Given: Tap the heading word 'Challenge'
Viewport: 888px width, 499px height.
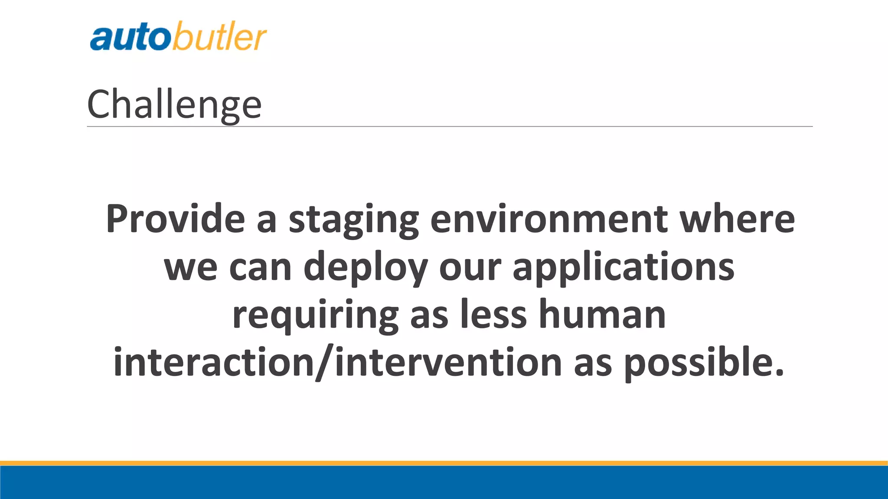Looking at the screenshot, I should tap(174, 104).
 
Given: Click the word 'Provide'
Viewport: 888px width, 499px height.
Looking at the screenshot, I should tap(176, 219).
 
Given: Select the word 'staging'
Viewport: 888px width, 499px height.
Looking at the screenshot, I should tap(353, 221).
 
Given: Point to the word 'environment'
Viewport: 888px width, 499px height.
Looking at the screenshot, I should tap(548, 219).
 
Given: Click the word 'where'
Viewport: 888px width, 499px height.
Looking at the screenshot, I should tap(737, 219).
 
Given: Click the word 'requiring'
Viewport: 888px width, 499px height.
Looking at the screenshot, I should tap(315, 316).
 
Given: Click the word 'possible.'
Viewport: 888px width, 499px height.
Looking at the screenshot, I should tap(704, 364).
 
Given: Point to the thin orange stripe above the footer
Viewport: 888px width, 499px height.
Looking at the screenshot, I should tap(444, 463).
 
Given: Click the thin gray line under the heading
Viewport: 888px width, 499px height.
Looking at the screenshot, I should tap(449, 126).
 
